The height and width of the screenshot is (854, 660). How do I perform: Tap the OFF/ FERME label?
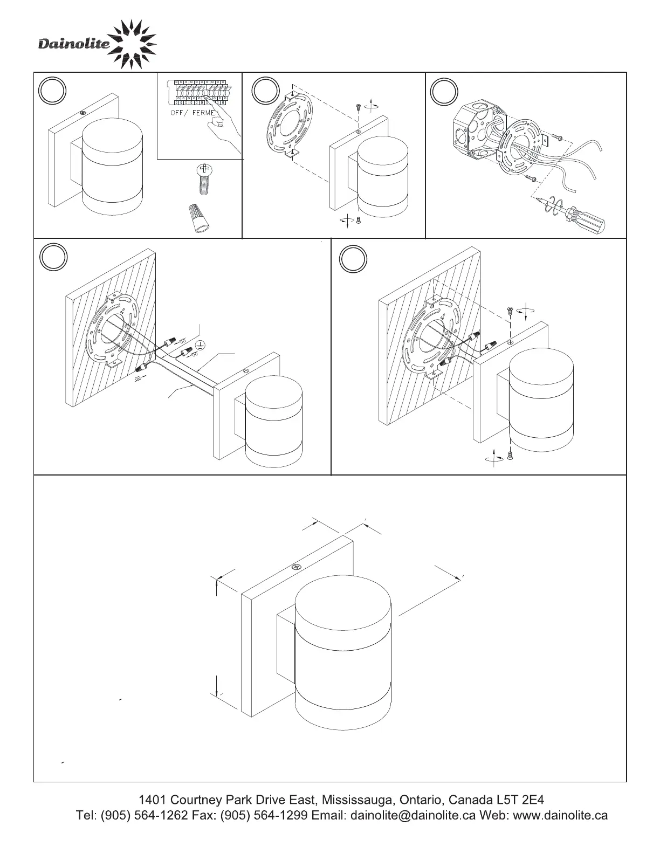tap(189, 113)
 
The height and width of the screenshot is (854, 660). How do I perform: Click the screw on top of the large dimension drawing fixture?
tap(296, 567)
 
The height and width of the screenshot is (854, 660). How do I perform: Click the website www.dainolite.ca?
tap(560, 815)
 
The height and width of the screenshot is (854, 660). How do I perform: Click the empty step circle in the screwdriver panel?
tap(444, 91)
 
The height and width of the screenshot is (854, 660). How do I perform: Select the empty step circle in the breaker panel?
tap(53, 91)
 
